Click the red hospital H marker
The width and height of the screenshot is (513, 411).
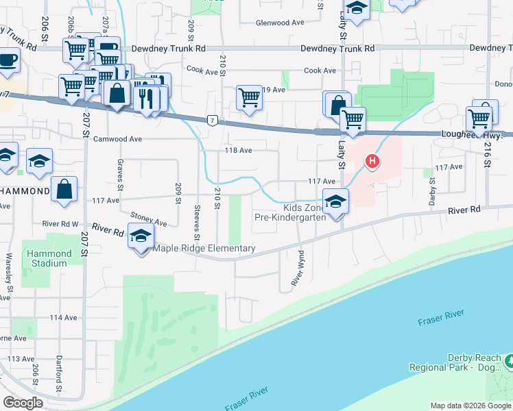(372, 162)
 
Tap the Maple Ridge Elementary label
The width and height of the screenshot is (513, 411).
(204, 249)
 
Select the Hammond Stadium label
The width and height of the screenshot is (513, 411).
(49, 258)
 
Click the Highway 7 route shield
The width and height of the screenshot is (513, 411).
(213, 121)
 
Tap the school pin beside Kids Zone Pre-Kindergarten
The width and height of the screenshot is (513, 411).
(335, 201)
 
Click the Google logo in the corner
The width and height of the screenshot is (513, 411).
(23, 402)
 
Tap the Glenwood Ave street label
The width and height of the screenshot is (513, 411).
(279, 23)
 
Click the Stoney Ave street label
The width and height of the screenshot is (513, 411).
(148, 218)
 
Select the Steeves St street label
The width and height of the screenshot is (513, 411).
(198, 223)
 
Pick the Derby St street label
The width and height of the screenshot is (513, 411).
(432, 188)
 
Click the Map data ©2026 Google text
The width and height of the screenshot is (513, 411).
(470, 406)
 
